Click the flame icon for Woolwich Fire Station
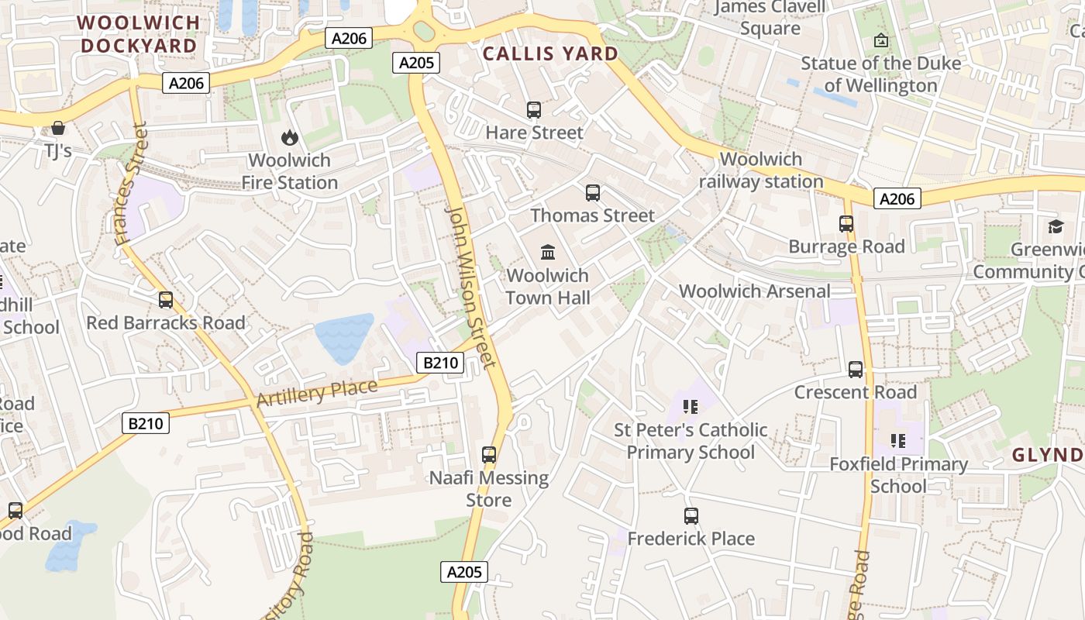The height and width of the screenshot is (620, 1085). (290, 138)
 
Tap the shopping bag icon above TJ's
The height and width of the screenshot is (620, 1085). (58, 127)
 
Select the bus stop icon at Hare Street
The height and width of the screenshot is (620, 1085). (534, 110)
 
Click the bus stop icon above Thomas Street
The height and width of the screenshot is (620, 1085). (593, 193)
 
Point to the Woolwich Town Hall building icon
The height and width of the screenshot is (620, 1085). (548, 252)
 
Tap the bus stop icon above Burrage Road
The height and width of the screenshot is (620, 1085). (846, 224)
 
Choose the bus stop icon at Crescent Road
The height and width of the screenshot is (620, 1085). (856, 370)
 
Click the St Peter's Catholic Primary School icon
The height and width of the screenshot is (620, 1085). (691, 407)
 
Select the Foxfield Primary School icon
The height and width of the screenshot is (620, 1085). (898, 441)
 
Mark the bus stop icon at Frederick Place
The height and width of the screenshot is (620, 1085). (691, 516)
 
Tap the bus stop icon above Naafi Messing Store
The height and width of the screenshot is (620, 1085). (489, 455)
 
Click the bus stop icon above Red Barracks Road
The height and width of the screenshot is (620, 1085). (166, 300)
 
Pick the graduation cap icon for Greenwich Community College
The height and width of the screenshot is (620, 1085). (1056, 226)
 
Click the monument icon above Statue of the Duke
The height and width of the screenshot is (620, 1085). (881, 40)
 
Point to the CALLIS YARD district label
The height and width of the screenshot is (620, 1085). (550, 53)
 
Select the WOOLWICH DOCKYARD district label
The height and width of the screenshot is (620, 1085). (139, 34)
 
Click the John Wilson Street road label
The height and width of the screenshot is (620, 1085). (470, 287)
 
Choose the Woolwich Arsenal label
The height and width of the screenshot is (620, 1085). (754, 291)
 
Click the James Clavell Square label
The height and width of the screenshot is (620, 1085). (770, 18)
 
